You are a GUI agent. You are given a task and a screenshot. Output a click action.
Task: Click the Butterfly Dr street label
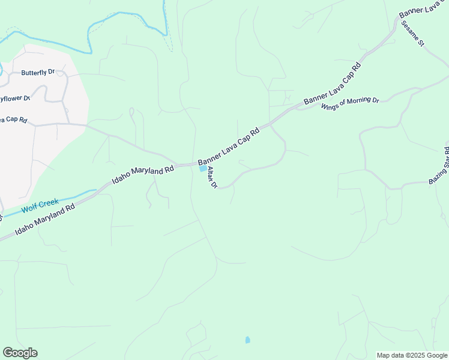38,73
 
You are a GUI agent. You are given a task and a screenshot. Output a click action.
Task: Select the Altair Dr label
212,178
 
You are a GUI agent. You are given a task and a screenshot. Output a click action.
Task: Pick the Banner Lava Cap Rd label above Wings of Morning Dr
332,83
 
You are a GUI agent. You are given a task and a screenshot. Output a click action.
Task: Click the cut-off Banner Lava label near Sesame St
424,13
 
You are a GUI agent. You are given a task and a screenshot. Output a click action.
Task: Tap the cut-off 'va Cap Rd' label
13,119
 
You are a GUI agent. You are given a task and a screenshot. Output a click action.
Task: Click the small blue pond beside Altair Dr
202,169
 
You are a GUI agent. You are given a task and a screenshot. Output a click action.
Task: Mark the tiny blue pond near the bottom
247,340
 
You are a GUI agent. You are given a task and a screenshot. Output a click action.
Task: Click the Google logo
20,353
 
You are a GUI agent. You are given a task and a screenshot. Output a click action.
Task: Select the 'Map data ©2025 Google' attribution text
412,355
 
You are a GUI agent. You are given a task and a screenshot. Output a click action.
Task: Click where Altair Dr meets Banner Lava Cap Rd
199,162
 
